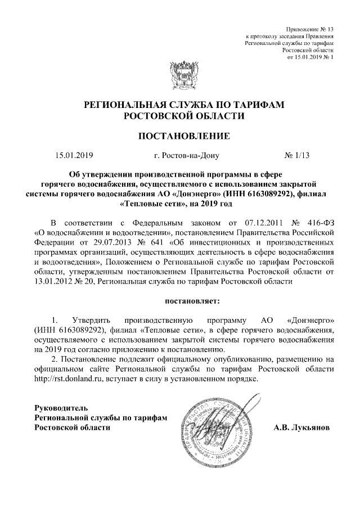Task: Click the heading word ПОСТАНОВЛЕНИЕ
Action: click(x=184, y=136)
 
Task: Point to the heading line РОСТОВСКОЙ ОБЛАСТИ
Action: click(x=184, y=116)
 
